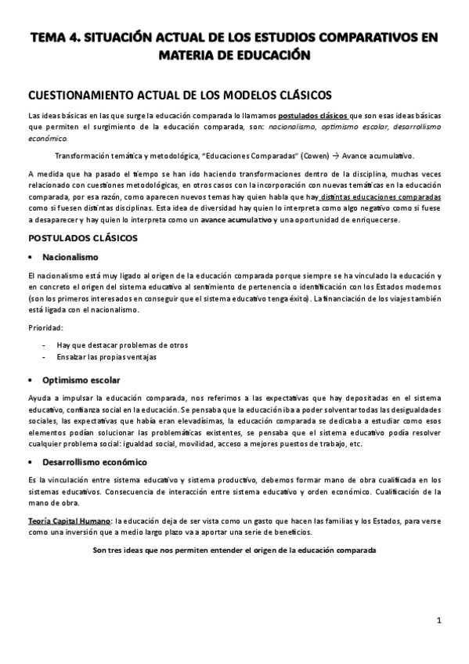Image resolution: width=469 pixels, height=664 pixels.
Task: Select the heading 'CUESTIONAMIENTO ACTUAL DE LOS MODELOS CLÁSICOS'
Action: pyautogui.click(x=179, y=95)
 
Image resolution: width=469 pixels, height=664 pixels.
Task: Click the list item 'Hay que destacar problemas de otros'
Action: pyautogui.click(x=121, y=345)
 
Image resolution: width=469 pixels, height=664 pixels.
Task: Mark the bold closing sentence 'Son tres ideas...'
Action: pyautogui.click(x=234, y=550)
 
